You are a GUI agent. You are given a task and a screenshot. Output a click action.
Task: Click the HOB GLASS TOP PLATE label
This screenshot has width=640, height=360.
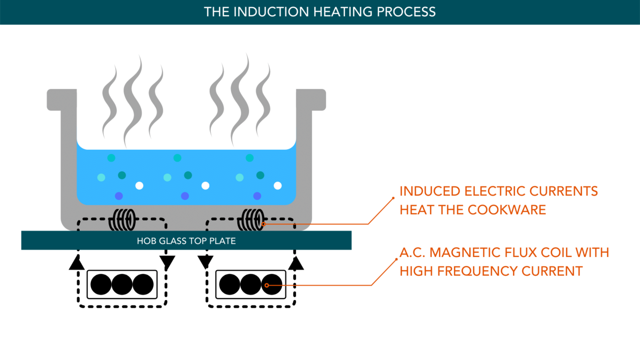point(186,241)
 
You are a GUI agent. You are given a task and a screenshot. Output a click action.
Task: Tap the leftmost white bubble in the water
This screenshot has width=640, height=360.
point(139,186)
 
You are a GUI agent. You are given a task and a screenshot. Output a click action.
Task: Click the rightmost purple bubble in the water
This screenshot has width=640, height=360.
point(257,196)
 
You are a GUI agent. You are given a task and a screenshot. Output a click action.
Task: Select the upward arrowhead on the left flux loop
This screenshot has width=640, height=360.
point(76,263)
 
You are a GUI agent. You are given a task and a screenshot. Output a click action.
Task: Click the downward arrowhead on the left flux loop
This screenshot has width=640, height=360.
point(167,263)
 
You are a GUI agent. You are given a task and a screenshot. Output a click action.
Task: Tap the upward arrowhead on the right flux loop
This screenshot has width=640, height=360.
point(296,263)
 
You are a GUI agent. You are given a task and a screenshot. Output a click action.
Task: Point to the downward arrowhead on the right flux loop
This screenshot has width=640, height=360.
point(205,263)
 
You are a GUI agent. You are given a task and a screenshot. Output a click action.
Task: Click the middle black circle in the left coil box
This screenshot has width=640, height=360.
point(122,285)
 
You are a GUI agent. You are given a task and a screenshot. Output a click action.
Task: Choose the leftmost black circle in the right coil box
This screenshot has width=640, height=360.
point(229,285)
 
